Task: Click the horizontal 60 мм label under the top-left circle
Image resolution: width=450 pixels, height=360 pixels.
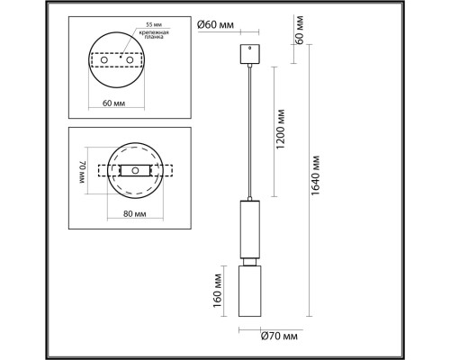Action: pos(114,103)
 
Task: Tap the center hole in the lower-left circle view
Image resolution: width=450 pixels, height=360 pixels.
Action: pos(134,170)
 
